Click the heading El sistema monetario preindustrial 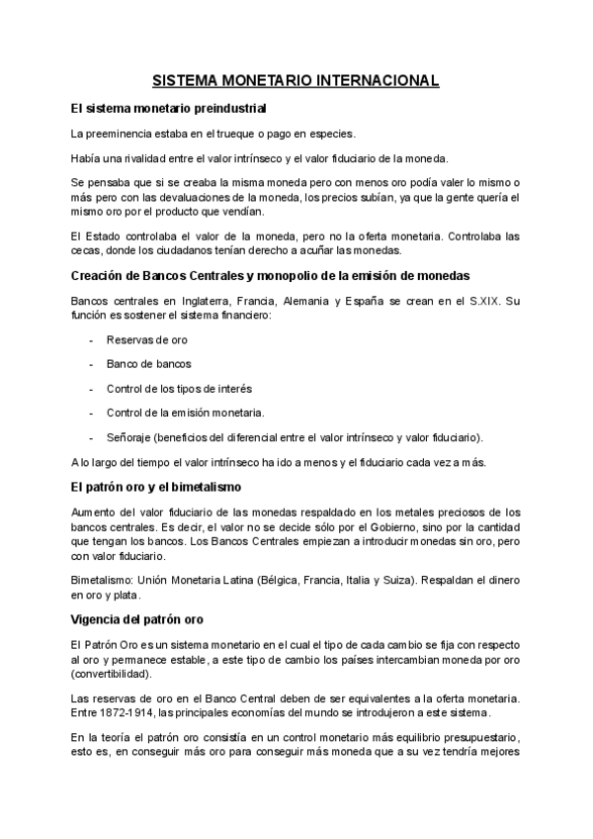169,107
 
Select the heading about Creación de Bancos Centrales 270,274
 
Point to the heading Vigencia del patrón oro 137,618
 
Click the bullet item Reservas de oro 146,340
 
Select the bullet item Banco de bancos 148,364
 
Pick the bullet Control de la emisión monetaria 185,412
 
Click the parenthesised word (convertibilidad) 114,673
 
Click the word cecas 87,250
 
